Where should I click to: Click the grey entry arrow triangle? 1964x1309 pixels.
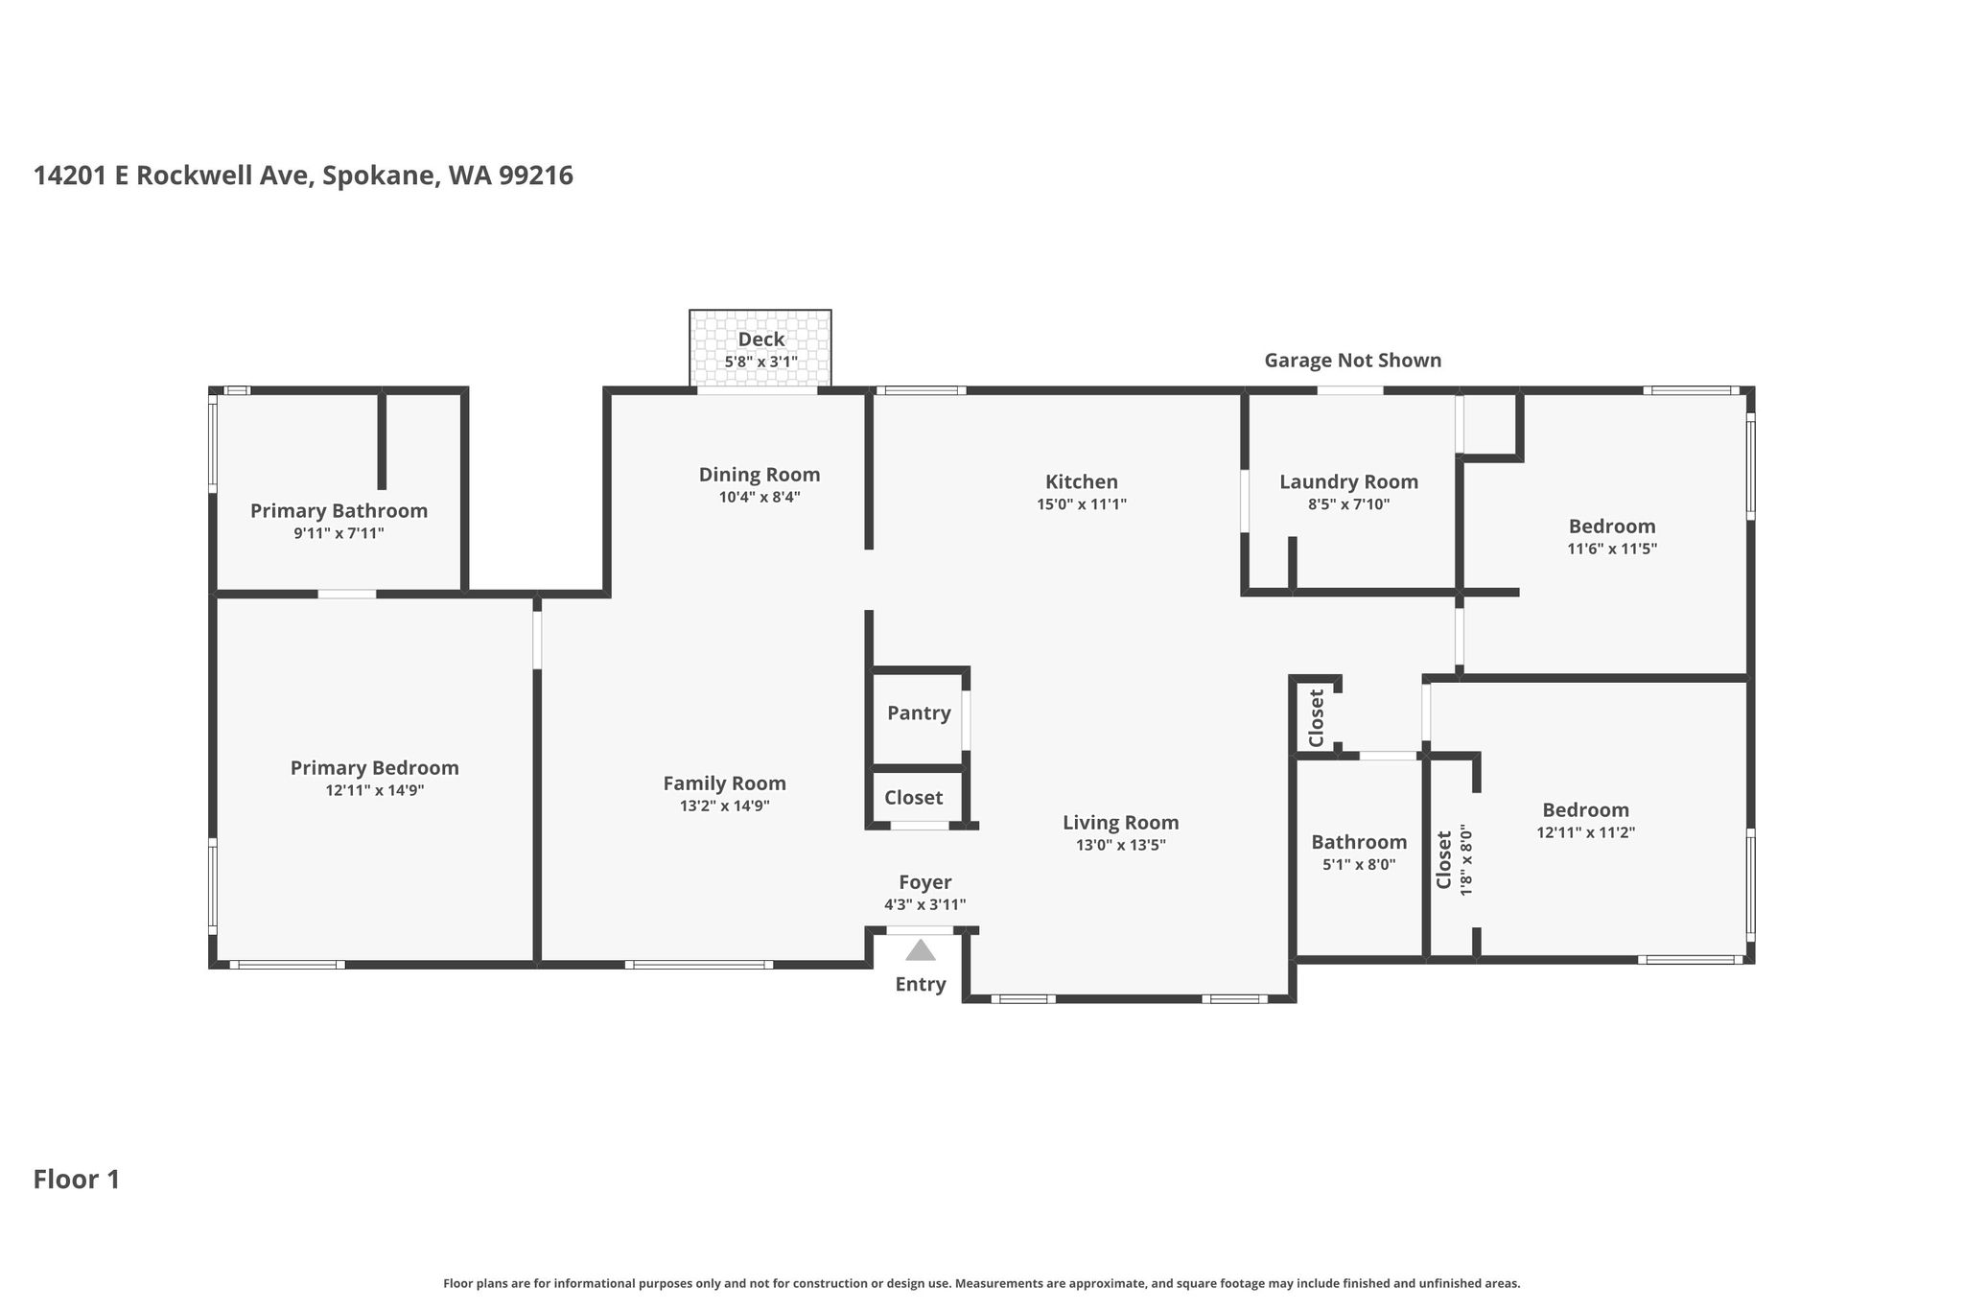[921, 950]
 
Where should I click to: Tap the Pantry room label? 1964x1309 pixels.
[919, 713]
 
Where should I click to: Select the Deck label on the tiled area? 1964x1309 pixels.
[761, 339]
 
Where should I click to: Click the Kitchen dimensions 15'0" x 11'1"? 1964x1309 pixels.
[1082, 504]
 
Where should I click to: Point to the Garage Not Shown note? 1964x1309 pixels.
[1353, 361]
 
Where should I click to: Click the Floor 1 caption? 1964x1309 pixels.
[77, 1180]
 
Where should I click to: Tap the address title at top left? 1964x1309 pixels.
[303, 176]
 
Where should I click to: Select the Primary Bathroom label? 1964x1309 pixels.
[339, 511]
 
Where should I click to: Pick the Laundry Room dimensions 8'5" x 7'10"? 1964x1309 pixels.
[1348, 504]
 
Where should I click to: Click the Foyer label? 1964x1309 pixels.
[925, 882]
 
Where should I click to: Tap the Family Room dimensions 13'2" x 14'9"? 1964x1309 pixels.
[725, 806]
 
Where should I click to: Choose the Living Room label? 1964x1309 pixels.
[1121, 823]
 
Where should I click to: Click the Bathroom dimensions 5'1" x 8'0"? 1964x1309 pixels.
[1360, 864]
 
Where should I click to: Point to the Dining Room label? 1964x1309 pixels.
[760, 475]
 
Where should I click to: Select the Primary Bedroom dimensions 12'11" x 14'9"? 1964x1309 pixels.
[375, 791]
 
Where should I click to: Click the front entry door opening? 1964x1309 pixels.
[920, 930]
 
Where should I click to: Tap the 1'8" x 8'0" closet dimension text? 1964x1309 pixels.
[1465, 861]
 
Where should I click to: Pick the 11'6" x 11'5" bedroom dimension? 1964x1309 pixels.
[1612, 549]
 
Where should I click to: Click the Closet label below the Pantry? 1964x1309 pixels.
[913, 798]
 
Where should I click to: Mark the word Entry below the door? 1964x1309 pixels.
[921, 985]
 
